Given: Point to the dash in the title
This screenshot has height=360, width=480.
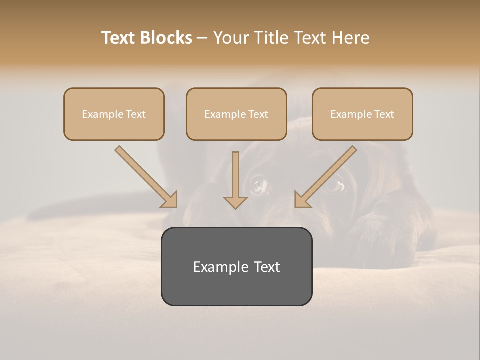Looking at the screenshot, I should coord(203,38).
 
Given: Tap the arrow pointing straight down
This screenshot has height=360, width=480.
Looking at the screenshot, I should coord(235,180).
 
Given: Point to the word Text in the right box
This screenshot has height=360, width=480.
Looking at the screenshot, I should coord(383,114).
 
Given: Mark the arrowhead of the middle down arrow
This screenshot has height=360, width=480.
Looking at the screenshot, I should coord(235,202).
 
